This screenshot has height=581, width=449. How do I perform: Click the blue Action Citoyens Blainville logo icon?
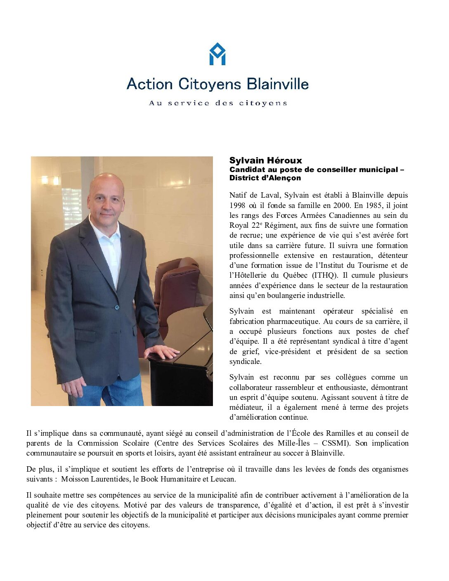click(217, 54)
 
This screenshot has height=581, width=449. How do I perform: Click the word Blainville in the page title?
click(278, 84)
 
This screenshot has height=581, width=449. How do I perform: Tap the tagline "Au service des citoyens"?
click(218, 103)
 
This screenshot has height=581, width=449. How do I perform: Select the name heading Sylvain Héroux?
click(266, 161)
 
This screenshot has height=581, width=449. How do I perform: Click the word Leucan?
click(223, 479)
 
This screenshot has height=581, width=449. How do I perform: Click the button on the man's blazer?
click(117, 307)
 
